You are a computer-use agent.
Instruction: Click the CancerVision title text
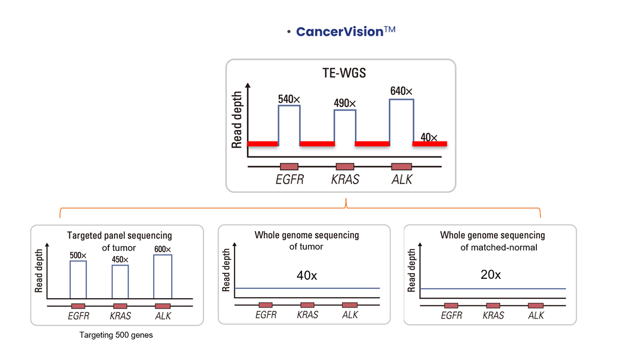click(x=346, y=32)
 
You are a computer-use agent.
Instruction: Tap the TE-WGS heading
click(x=344, y=73)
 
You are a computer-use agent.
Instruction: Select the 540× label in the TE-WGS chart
click(x=289, y=99)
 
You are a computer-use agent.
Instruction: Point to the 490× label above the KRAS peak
click(x=345, y=103)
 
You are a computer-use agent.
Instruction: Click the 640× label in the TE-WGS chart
click(x=402, y=91)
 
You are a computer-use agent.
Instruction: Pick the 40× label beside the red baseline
click(x=429, y=137)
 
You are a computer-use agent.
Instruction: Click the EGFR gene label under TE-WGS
click(x=290, y=179)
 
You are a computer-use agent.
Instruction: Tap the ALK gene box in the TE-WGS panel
click(x=402, y=167)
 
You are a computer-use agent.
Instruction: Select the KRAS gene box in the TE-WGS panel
click(x=345, y=167)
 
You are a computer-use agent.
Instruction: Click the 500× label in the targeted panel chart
click(x=78, y=255)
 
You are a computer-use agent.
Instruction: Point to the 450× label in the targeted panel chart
click(x=120, y=260)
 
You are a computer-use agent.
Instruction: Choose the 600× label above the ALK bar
click(x=162, y=249)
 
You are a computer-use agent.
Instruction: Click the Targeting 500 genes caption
click(x=116, y=335)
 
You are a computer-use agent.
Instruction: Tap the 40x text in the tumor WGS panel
click(x=307, y=276)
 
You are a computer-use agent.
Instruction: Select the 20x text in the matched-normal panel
click(x=491, y=275)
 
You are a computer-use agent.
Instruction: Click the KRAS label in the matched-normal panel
click(x=493, y=315)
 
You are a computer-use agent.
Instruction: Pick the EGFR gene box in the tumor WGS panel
click(x=265, y=305)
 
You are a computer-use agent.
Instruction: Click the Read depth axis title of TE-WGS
click(x=237, y=119)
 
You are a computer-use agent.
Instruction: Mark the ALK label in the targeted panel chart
click(x=163, y=316)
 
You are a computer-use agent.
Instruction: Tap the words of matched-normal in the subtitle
click(x=499, y=247)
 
